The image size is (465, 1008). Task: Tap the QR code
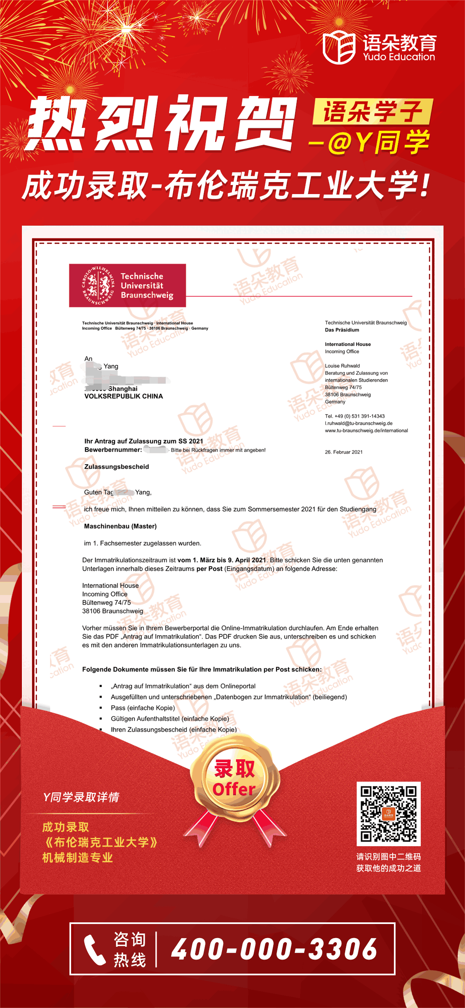[x=388, y=814]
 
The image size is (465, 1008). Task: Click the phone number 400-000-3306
[x=274, y=949]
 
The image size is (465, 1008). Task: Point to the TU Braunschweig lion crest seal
[x=98, y=285]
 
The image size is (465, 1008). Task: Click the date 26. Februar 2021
[x=343, y=452]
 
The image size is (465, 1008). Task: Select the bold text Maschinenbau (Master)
[x=120, y=526]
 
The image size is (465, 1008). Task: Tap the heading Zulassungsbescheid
[x=117, y=467]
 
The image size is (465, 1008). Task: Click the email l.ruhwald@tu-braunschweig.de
[x=358, y=423]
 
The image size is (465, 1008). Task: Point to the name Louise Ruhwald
[x=342, y=366]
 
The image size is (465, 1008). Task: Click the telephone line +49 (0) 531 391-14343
[x=355, y=416]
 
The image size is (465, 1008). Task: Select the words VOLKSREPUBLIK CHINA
[x=124, y=396]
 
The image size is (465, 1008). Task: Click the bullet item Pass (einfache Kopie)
[x=143, y=708]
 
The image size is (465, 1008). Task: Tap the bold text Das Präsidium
[x=342, y=330]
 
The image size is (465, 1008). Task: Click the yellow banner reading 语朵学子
[x=372, y=112]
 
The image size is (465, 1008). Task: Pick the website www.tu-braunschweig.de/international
[x=366, y=431]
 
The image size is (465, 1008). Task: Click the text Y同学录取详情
[x=81, y=797]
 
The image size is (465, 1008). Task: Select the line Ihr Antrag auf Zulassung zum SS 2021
[x=143, y=441]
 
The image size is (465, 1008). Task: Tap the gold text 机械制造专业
[x=78, y=858]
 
